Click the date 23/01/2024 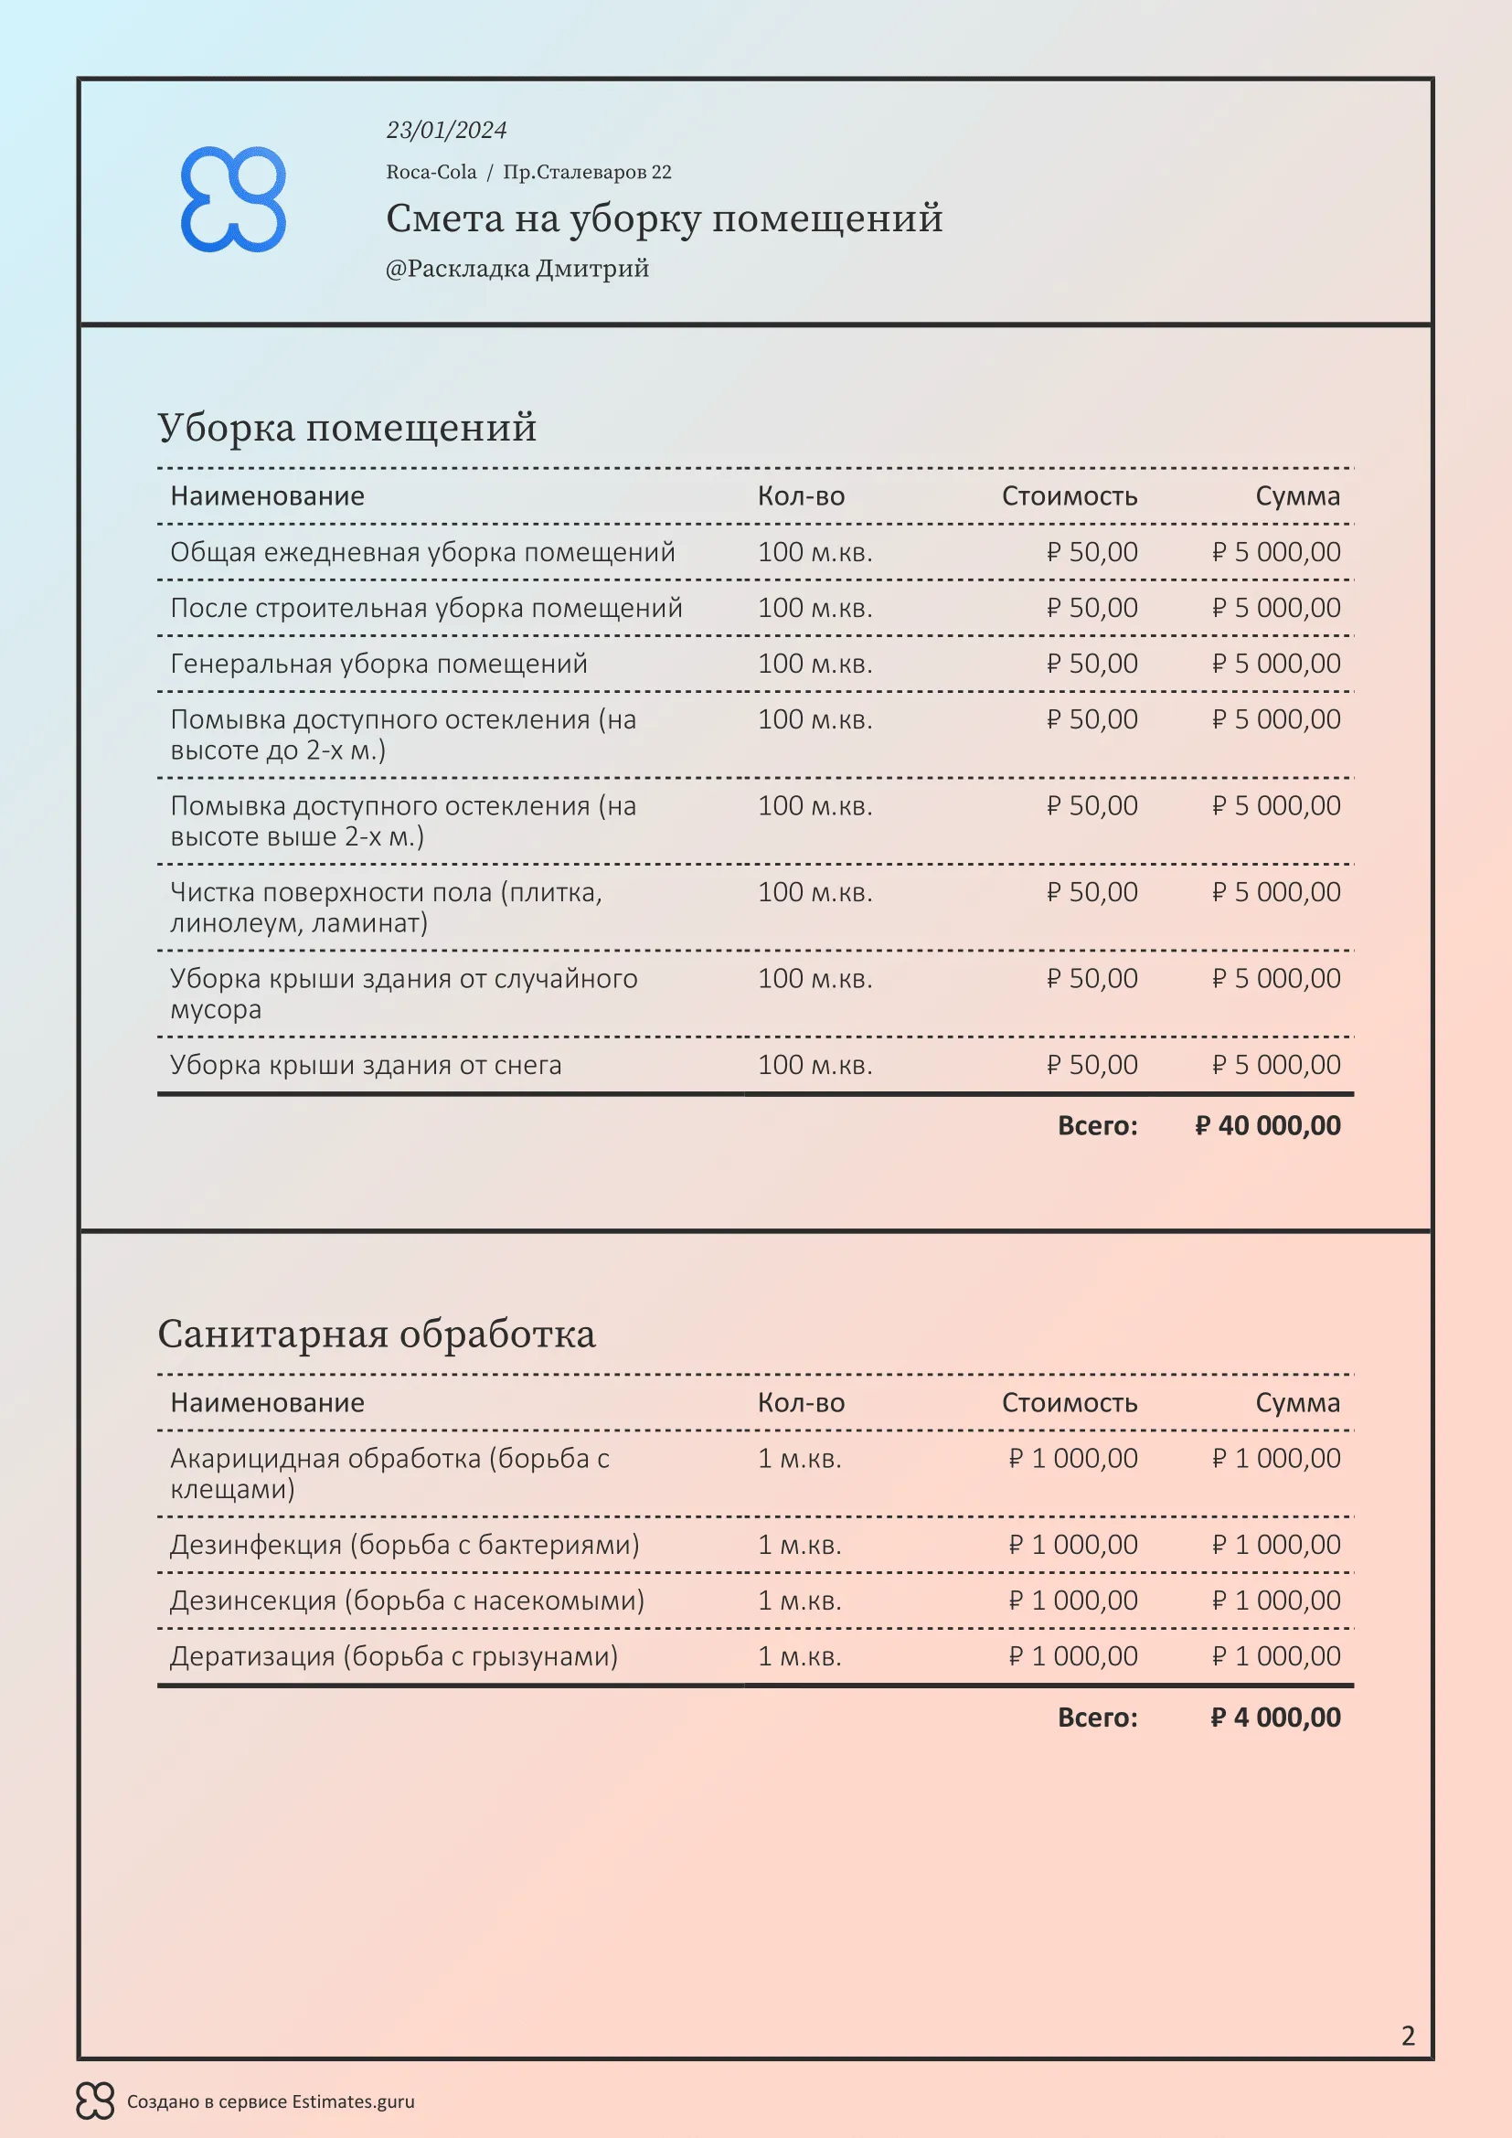point(446,131)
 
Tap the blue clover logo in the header point(233,199)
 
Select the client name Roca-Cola point(431,172)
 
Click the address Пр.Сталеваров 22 point(587,172)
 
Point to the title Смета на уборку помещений point(664,218)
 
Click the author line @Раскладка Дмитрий point(516,268)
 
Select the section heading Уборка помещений point(346,427)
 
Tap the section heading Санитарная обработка point(376,1334)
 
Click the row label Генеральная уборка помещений point(378,664)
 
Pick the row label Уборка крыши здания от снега point(366,1064)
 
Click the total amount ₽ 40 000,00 point(1267,1125)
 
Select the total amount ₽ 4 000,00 point(1274,1718)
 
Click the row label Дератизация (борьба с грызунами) point(394,1655)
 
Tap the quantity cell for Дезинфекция point(799,1544)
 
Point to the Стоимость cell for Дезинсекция point(1072,1600)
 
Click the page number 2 point(1408,2036)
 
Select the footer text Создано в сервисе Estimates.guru point(270,2101)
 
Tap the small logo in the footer point(95,2101)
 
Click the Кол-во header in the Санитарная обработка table point(801,1402)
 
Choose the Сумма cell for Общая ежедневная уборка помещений point(1275,552)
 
